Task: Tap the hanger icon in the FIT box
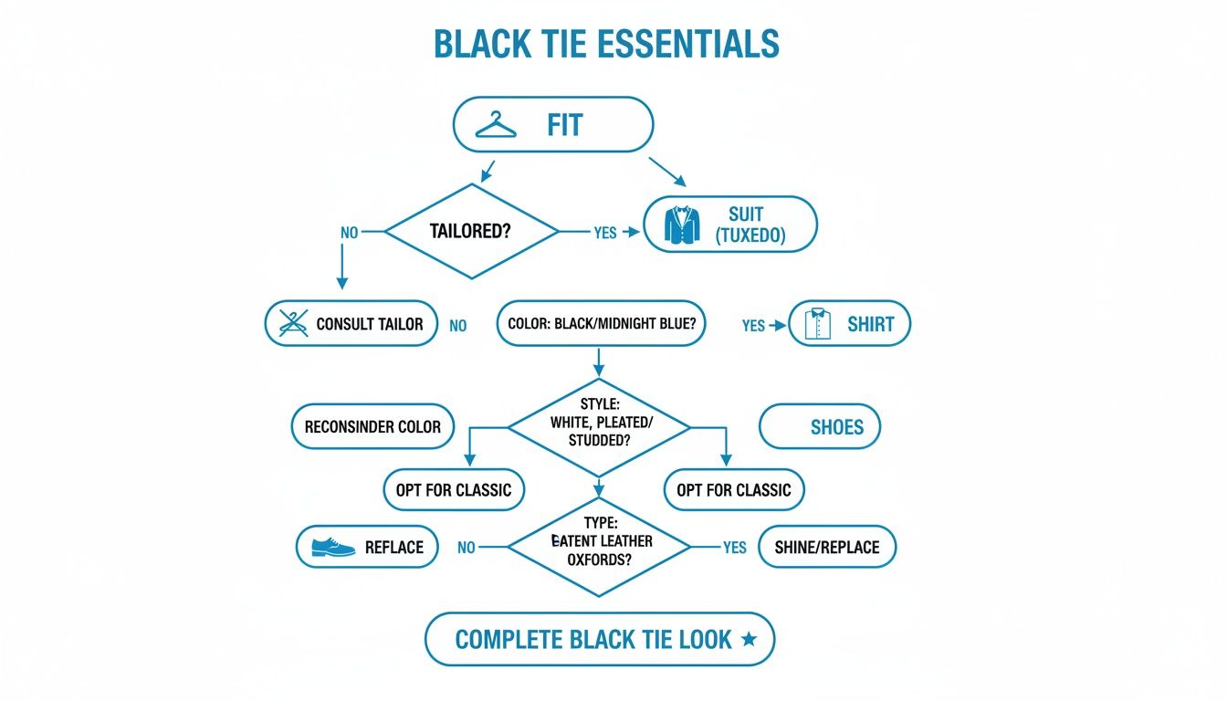(496, 124)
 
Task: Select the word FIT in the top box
(564, 124)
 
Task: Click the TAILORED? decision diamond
(471, 232)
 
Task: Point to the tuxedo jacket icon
(678, 225)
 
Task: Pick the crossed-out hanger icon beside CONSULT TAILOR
(292, 324)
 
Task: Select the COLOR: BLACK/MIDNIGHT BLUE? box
(601, 324)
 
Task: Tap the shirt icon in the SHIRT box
(819, 324)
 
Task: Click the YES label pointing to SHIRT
(753, 325)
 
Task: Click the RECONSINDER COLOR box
(372, 426)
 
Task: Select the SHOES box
(820, 427)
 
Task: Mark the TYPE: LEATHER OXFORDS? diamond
(599, 547)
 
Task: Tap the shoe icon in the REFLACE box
(332, 546)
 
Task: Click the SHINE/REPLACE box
(827, 547)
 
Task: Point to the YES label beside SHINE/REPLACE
(734, 548)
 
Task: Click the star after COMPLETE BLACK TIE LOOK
(749, 639)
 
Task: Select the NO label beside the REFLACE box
(466, 548)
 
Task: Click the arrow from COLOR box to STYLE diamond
(598, 361)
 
